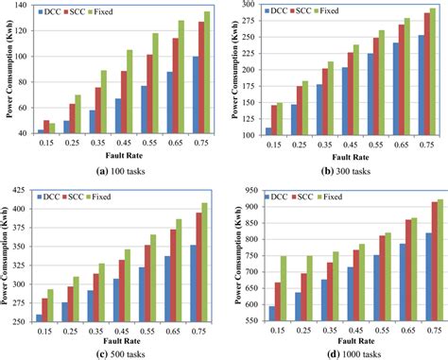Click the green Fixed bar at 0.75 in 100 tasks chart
[x=206, y=74]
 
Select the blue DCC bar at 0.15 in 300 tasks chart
[x=268, y=130]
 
